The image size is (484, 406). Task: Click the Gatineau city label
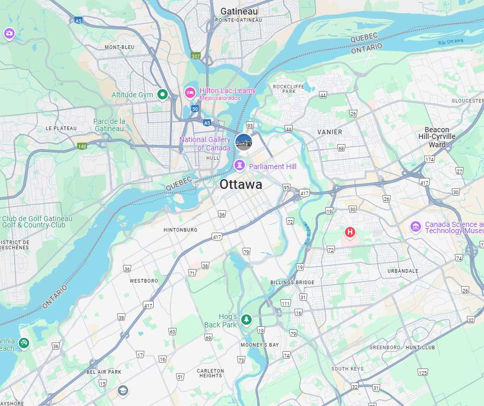click(x=239, y=11)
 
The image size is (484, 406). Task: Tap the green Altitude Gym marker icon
click(x=163, y=94)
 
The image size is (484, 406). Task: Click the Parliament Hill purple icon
click(x=239, y=166)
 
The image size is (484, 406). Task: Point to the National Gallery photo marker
click(x=243, y=141)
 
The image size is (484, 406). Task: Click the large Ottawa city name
click(x=241, y=185)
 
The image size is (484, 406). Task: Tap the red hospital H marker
click(x=350, y=232)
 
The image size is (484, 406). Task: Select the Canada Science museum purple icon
click(x=416, y=227)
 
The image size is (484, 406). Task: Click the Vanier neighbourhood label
click(x=330, y=132)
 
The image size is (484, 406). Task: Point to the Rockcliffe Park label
click(x=284, y=88)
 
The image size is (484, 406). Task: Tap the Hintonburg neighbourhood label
click(x=180, y=230)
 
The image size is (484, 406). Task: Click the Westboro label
click(x=144, y=281)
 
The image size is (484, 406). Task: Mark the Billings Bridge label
click(x=292, y=282)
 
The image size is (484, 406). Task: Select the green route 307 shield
click(x=195, y=56)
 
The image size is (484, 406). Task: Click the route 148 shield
click(x=82, y=146)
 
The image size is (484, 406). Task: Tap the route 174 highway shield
click(x=429, y=159)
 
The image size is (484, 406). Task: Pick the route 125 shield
click(x=423, y=372)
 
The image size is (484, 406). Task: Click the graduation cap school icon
click(x=122, y=390)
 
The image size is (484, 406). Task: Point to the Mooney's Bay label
click(x=260, y=345)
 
